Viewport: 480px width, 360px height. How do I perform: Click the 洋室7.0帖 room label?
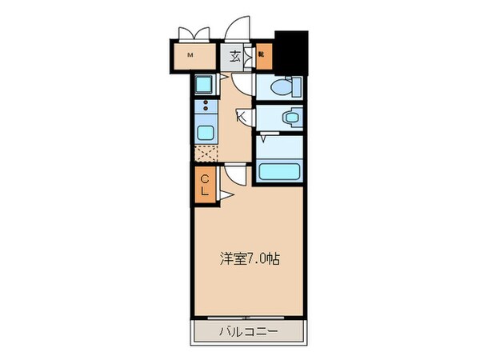250,258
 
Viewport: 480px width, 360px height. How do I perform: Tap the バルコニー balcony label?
249,330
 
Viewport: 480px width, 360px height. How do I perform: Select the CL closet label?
204,185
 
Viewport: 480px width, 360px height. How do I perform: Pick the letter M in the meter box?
190,55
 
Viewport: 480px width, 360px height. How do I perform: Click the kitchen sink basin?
206,132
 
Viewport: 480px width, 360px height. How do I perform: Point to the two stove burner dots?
206,106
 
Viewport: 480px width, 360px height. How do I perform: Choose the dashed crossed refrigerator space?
206,152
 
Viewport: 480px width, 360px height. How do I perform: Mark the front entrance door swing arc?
238,30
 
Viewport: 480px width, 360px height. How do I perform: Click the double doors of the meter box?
192,34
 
